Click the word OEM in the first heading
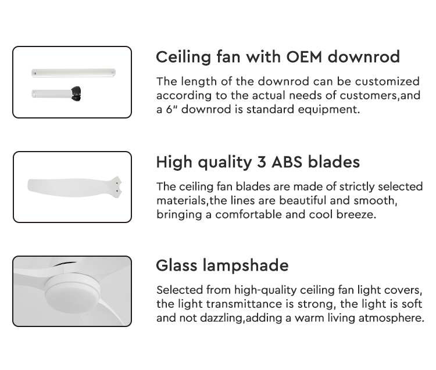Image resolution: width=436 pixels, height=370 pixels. click(x=304, y=57)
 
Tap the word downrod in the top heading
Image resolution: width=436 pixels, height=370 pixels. click(x=364, y=57)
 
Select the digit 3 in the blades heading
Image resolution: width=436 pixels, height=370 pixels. click(x=262, y=162)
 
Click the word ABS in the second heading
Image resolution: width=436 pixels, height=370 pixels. click(x=287, y=162)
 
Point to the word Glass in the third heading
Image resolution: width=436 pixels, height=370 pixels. click(x=177, y=265)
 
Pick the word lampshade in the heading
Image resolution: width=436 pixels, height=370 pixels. click(x=245, y=266)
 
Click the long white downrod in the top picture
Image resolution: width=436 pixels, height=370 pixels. click(x=73, y=73)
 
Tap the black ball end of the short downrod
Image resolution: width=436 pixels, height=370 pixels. click(x=76, y=94)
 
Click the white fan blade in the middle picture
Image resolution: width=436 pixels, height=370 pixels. click(x=74, y=187)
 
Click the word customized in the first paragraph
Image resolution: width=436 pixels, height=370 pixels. click(x=387, y=81)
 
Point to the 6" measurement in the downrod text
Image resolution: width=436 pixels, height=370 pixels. click(x=172, y=109)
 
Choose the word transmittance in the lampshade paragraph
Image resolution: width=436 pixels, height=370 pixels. click(x=244, y=304)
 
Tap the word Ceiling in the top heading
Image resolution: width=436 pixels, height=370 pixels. click(x=184, y=58)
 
